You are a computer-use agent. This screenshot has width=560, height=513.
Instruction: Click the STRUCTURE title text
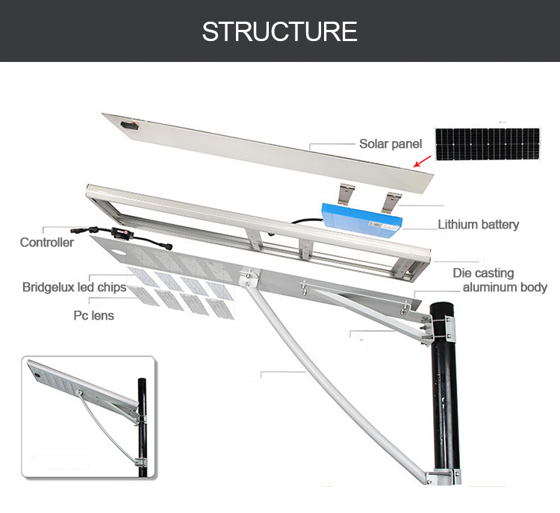point(280,31)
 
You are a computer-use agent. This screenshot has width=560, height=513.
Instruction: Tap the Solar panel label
point(391,143)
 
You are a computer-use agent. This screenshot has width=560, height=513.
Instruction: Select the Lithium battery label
point(478,224)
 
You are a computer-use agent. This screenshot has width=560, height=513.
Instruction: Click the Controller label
point(47,242)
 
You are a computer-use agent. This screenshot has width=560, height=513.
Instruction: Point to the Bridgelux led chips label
point(74,287)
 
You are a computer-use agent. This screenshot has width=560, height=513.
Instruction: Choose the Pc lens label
point(93,315)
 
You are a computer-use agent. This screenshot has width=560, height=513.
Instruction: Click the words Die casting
point(483,273)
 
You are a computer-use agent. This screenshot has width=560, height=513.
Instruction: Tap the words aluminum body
point(505,287)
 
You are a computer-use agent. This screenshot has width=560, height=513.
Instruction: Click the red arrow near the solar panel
point(422,161)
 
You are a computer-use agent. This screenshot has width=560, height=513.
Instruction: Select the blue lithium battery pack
point(361,220)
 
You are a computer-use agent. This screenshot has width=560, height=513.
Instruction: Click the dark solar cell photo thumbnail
point(488,144)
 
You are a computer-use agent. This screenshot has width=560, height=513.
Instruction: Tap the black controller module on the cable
point(122,233)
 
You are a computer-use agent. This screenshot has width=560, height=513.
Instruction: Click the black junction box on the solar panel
point(129,125)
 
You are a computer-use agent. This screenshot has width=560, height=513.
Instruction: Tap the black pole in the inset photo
point(142,427)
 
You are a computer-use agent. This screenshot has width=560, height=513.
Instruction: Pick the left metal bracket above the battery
point(346,194)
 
